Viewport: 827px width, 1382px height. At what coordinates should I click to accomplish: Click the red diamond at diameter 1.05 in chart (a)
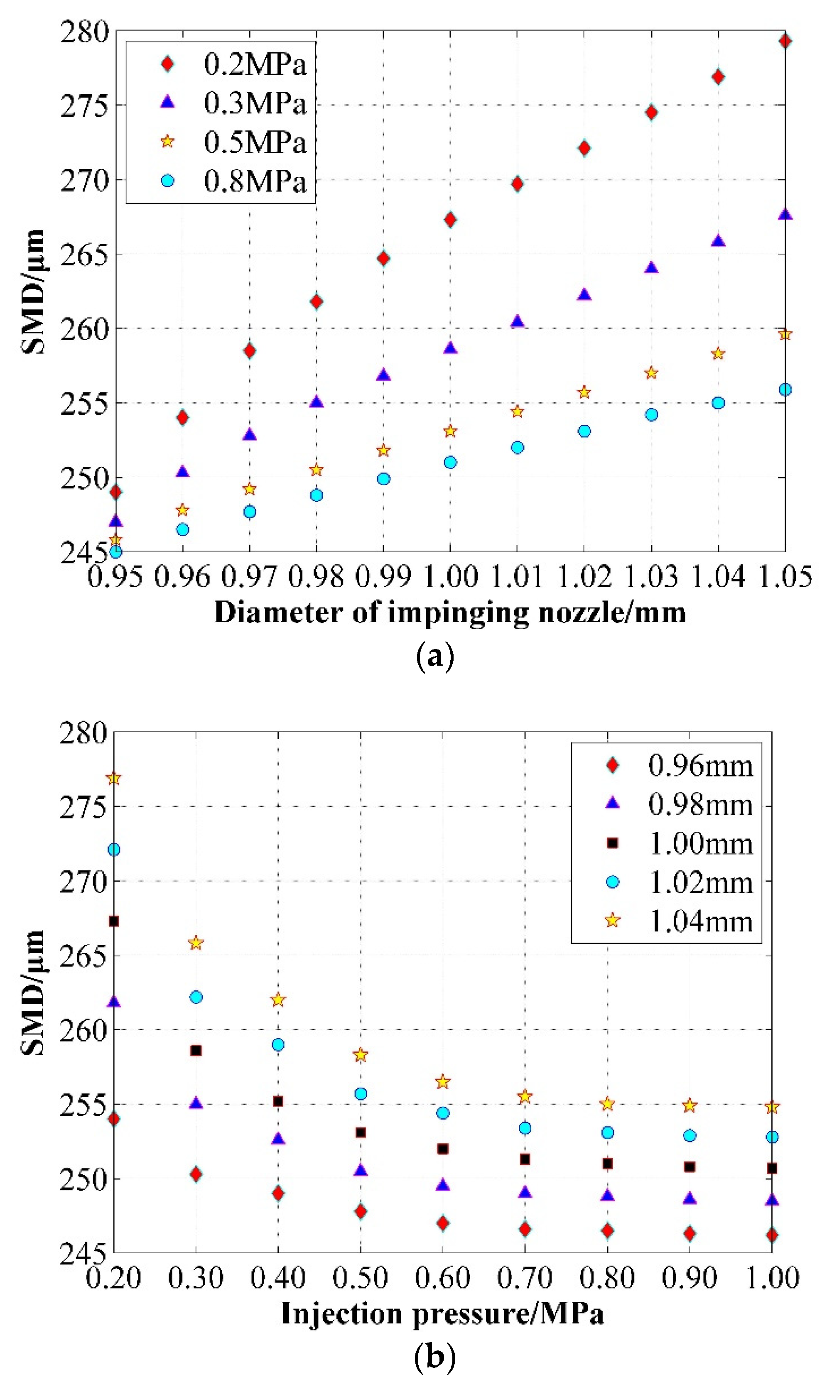point(785,41)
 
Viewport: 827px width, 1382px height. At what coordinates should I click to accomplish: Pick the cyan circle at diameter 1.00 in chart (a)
point(450,462)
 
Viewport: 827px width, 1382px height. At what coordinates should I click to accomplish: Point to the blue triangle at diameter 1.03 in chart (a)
point(651,268)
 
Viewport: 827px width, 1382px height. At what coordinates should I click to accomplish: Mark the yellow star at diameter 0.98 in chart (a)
point(317,470)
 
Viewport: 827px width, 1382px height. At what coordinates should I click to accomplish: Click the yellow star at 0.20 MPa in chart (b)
point(114,779)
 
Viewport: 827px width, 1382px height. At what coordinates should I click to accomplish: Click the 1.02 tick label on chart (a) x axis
point(584,576)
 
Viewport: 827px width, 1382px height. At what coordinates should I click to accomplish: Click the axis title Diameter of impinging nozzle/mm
point(450,613)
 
